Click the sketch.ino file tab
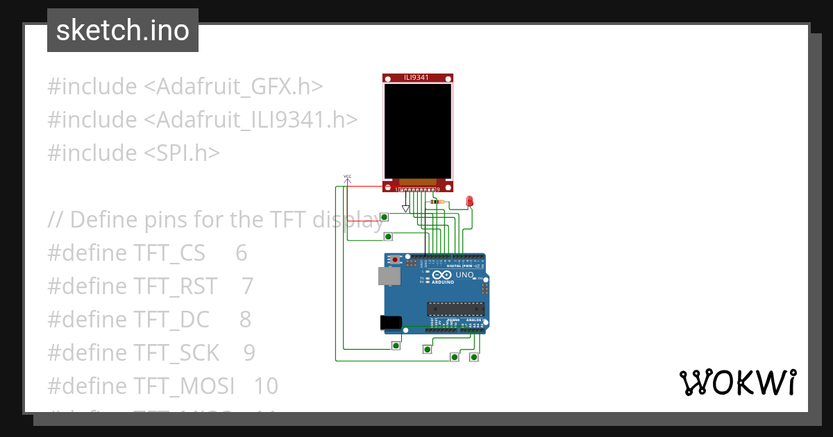[123, 31]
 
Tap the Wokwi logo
[737, 382]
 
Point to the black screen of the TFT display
[418, 130]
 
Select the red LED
[469, 201]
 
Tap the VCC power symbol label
[347, 177]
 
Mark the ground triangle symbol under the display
[406, 209]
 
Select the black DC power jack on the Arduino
[391, 323]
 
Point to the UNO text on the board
[464, 275]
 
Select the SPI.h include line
[133, 153]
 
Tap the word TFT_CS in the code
[169, 253]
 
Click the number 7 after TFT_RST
[248, 286]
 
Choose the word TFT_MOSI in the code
[183, 386]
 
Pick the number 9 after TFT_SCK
[249, 353]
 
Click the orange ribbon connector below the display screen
[417, 181]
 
